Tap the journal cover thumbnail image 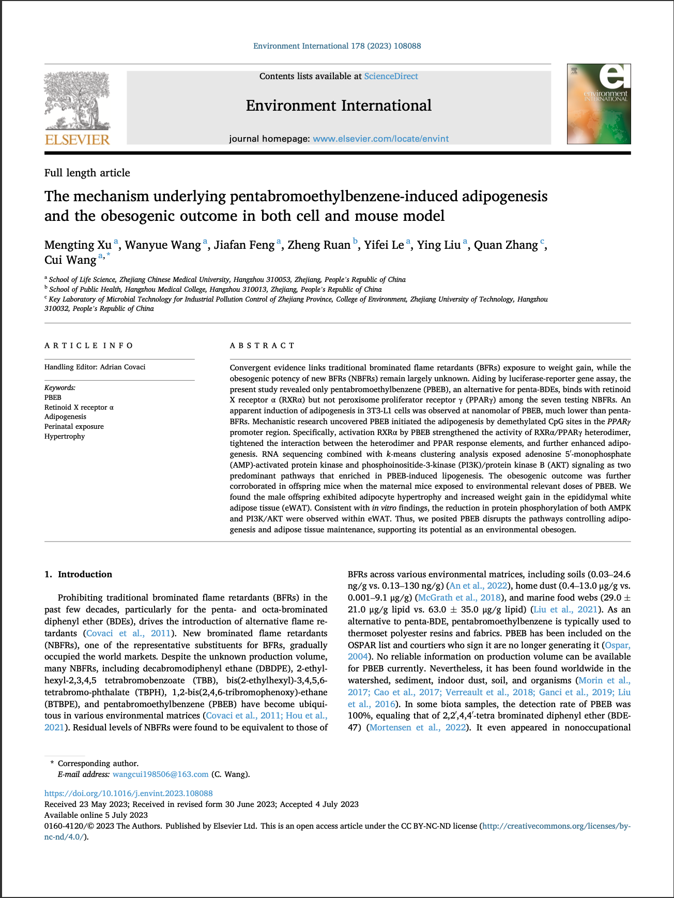click(x=599, y=104)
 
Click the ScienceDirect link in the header click(x=391, y=77)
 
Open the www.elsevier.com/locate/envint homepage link click(x=380, y=139)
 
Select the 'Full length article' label click(x=87, y=173)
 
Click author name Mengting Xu click(x=78, y=245)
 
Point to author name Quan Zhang click(x=505, y=245)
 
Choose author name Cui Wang click(x=70, y=260)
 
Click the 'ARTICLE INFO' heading click(x=88, y=346)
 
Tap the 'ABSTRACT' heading click(x=262, y=346)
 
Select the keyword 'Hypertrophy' click(x=65, y=436)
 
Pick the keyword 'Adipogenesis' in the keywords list click(x=65, y=416)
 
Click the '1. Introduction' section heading click(x=78, y=574)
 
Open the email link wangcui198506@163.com click(x=160, y=774)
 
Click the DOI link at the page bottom click(x=128, y=794)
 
